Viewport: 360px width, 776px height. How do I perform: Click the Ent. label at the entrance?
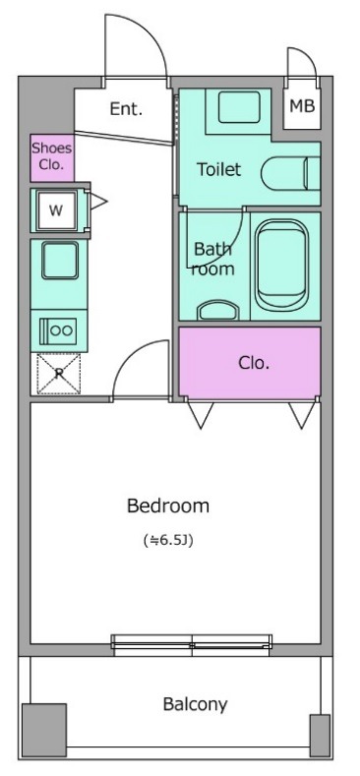point(126,109)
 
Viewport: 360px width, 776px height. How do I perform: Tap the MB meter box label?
point(302,106)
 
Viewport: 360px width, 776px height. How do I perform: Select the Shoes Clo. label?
point(52,156)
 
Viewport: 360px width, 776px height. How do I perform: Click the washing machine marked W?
point(56,210)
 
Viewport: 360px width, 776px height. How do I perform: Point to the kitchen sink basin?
point(59,261)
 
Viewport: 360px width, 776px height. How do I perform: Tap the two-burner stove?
point(59,330)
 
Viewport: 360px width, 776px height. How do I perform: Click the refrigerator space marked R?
point(59,374)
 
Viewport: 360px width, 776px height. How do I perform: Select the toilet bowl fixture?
point(291,174)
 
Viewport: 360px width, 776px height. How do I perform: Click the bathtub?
point(282,266)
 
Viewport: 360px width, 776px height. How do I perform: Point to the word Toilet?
point(219,170)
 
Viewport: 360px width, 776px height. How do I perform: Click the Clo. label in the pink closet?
point(254,364)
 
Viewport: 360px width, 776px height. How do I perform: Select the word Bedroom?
point(168,506)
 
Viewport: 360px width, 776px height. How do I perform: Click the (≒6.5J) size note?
point(168,540)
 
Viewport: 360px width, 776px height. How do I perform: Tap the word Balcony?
point(195,704)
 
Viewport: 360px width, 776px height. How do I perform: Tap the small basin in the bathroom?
point(218,310)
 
